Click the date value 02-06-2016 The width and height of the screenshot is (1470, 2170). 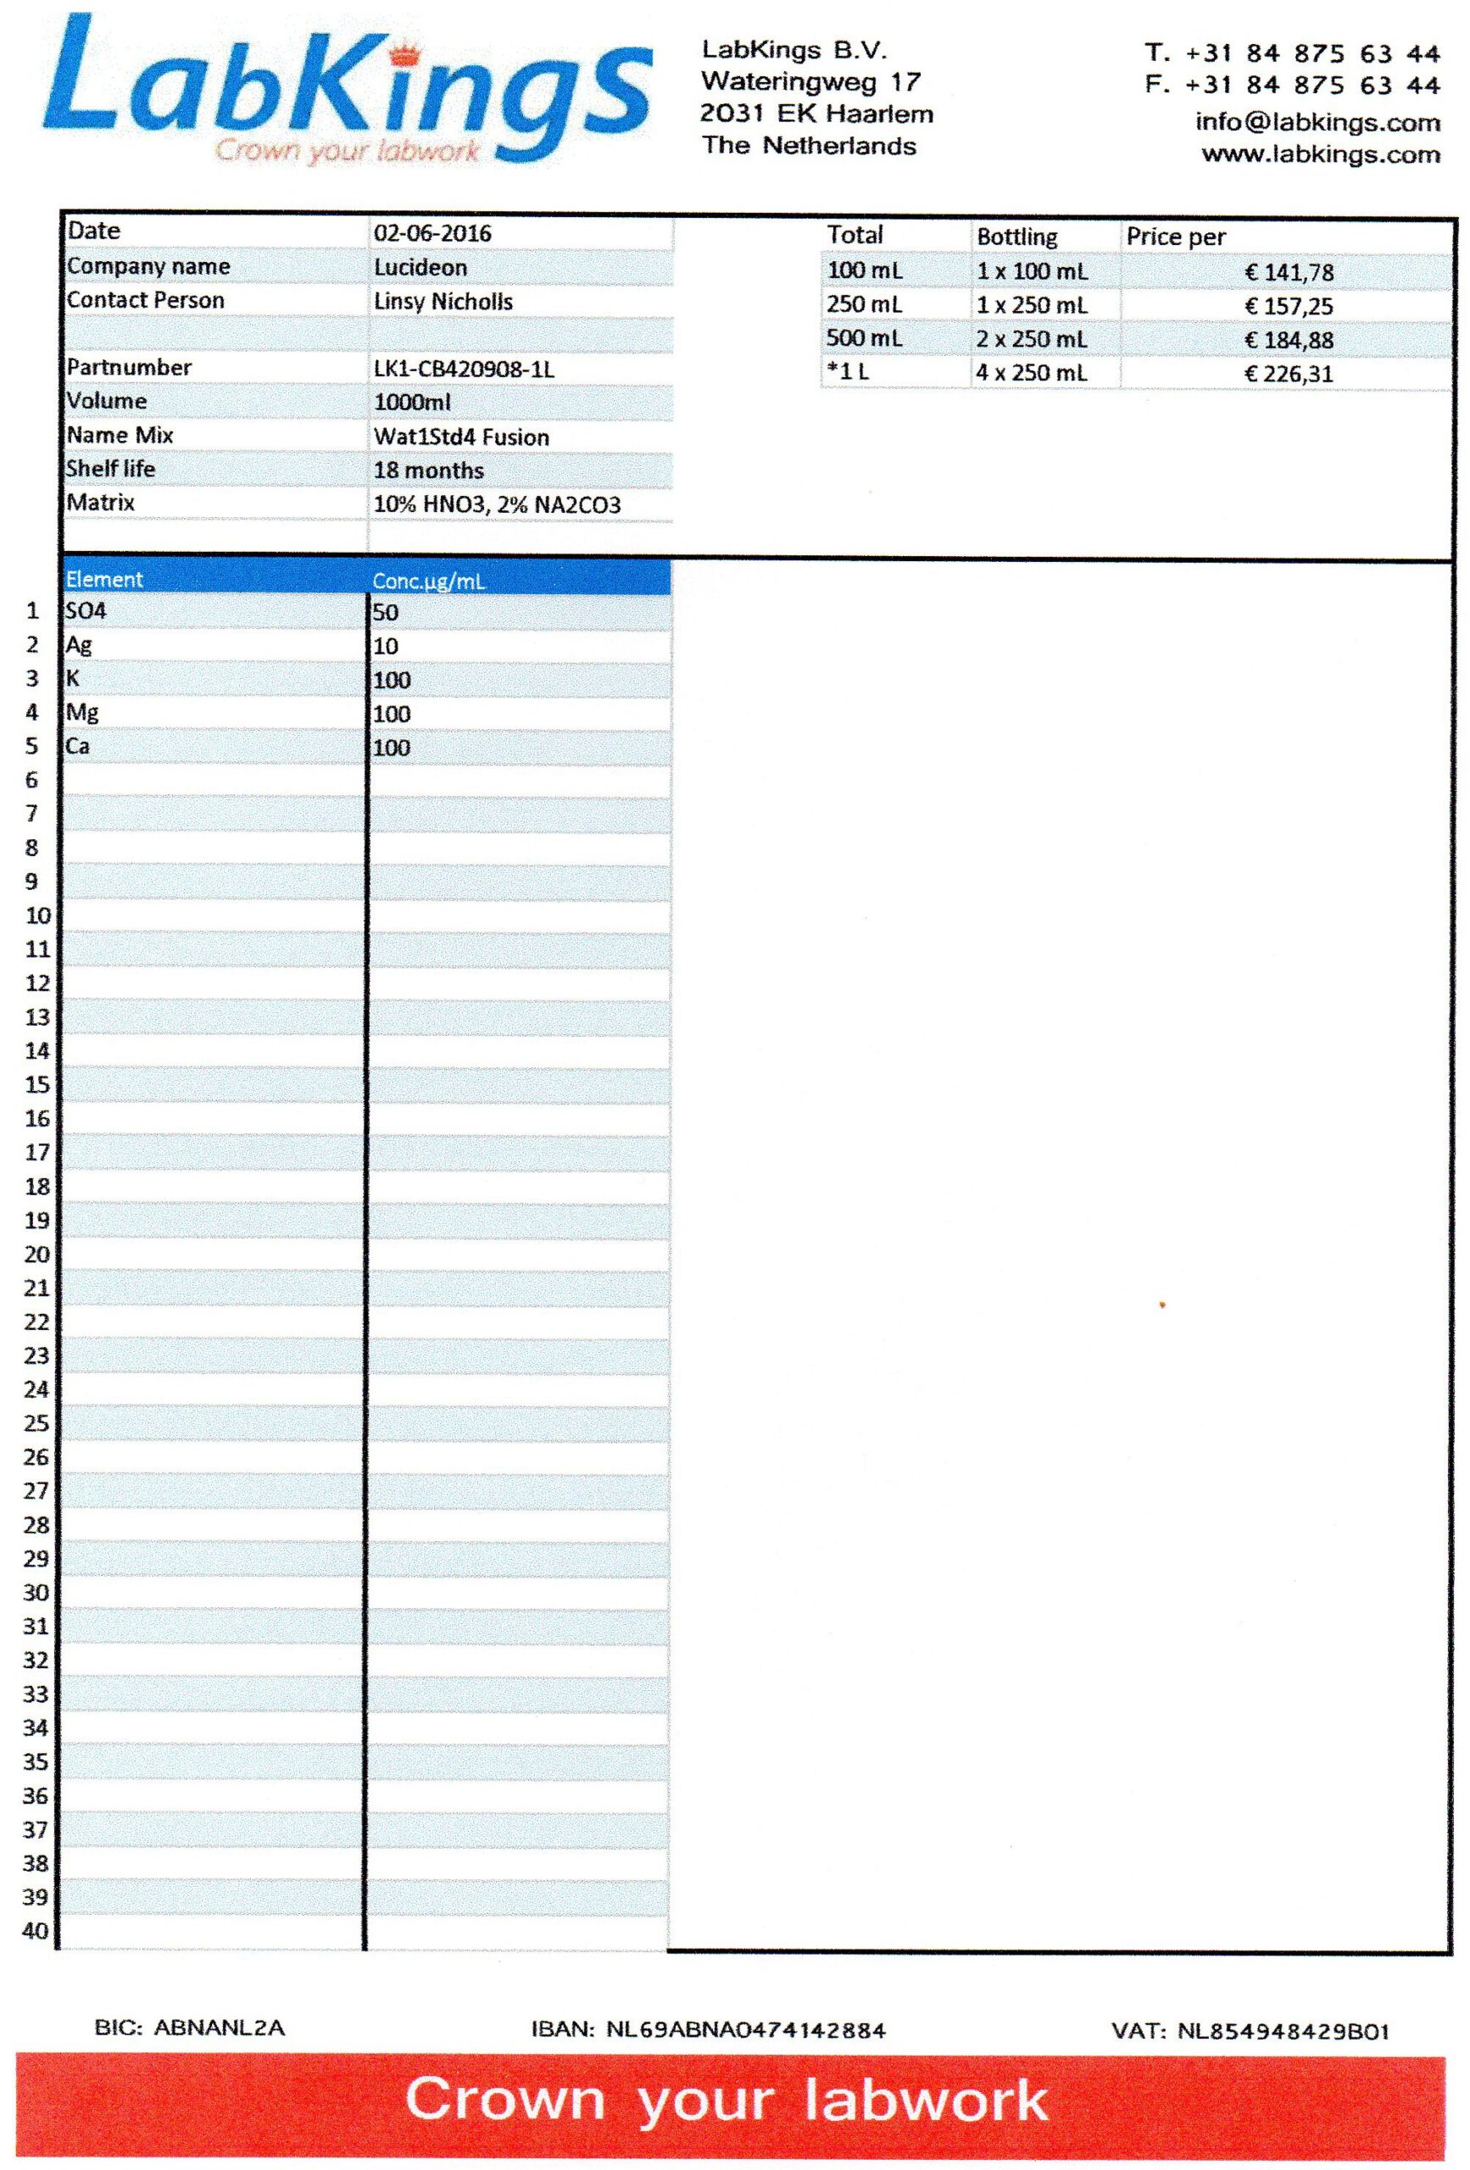[x=432, y=233]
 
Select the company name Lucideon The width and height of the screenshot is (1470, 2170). [x=420, y=268]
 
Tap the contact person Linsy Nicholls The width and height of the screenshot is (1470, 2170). [x=443, y=302]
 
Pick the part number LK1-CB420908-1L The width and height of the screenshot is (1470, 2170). [x=465, y=370]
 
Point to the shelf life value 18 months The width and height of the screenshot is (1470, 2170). [x=429, y=470]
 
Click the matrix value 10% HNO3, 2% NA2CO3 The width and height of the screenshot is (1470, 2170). [x=497, y=505]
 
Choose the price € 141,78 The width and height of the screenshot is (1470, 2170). [x=1289, y=273]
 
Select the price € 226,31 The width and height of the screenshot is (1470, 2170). [x=1289, y=375]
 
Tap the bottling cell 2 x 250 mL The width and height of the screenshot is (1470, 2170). [x=1031, y=340]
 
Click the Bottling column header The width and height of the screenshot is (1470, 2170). [x=1016, y=237]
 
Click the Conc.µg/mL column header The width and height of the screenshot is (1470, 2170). [x=429, y=581]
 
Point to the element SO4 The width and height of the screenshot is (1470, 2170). [x=86, y=612]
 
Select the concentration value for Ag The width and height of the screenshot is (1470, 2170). [x=386, y=646]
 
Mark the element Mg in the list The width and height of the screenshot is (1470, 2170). [x=82, y=714]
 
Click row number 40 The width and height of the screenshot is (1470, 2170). [x=36, y=1930]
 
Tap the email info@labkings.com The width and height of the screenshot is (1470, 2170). [x=1317, y=122]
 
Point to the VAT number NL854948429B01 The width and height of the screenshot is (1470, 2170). [x=1283, y=2031]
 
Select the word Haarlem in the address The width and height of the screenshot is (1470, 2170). [x=879, y=114]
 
